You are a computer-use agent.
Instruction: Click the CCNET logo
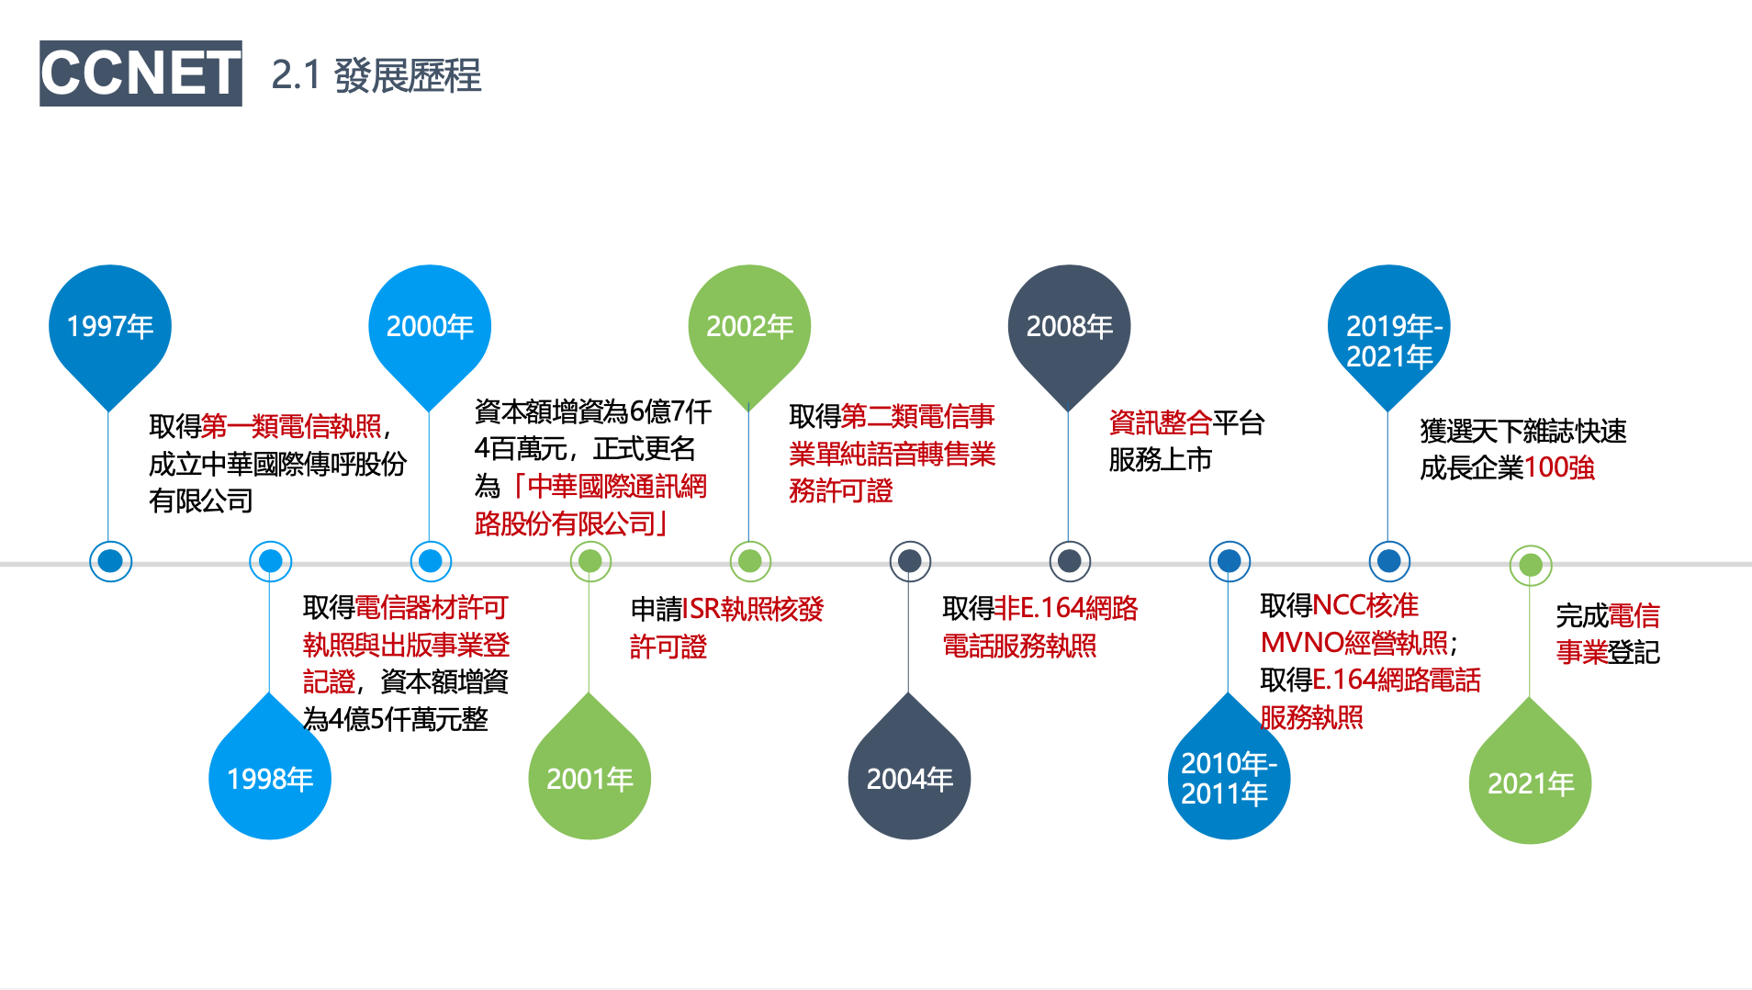point(140,73)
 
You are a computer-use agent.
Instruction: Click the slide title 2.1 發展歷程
point(376,75)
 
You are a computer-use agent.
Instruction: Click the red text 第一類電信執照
point(291,426)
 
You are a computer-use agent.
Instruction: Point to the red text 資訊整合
point(1161,422)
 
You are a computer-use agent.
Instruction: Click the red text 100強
point(1559,467)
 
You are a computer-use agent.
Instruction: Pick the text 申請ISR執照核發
point(727,609)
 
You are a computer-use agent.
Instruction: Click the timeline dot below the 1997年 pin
point(110,561)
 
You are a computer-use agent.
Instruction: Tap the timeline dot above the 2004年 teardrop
point(910,561)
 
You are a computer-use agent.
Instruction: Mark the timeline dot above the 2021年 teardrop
point(1531,566)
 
